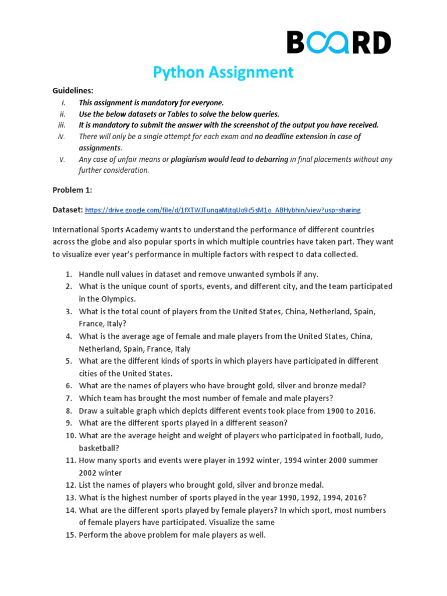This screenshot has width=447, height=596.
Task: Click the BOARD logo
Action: [x=338, y=42]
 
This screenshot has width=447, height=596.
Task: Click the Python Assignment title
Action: [x=223, y=72]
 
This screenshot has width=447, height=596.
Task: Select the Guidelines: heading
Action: [x=73, y=91]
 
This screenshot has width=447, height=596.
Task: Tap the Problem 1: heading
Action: [x=72, y=190]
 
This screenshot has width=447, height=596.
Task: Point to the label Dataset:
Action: [x=68, y=210]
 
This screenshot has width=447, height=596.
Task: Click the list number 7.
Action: [x=68, y=398]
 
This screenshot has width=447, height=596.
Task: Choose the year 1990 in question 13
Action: [x=271, y=497]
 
